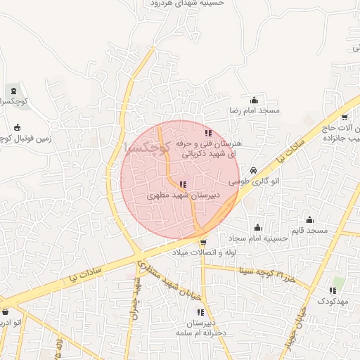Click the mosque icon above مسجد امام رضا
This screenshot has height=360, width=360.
pyautogui.click(x=254, y=100)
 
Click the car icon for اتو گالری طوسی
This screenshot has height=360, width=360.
pyautogui.click(x=254, y=170)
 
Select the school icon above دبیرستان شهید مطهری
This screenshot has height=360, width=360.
pyautogui.click(x=184, y=185)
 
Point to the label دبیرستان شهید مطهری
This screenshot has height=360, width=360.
pyautogui.click(x=184, y=196)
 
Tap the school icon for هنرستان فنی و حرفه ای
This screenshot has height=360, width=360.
pyautogui.click(x=207, y=132)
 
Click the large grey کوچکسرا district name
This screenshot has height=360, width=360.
pyautogui.click(x=147, y=148)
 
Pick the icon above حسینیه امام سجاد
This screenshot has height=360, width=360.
pyautogui.click(x=257, y=227)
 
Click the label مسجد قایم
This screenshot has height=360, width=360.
pyautogui.click(x=309, y=231)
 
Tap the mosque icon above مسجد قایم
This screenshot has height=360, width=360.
pyautogui.click(x=309, y=219)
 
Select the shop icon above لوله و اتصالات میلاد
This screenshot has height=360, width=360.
pyautogui.click(x=203, y=241)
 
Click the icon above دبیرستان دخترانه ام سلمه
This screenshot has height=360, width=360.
pyautogui.click(x=200, y=311)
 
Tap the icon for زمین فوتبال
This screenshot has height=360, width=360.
pyautogui.click(x=18, y=127)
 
